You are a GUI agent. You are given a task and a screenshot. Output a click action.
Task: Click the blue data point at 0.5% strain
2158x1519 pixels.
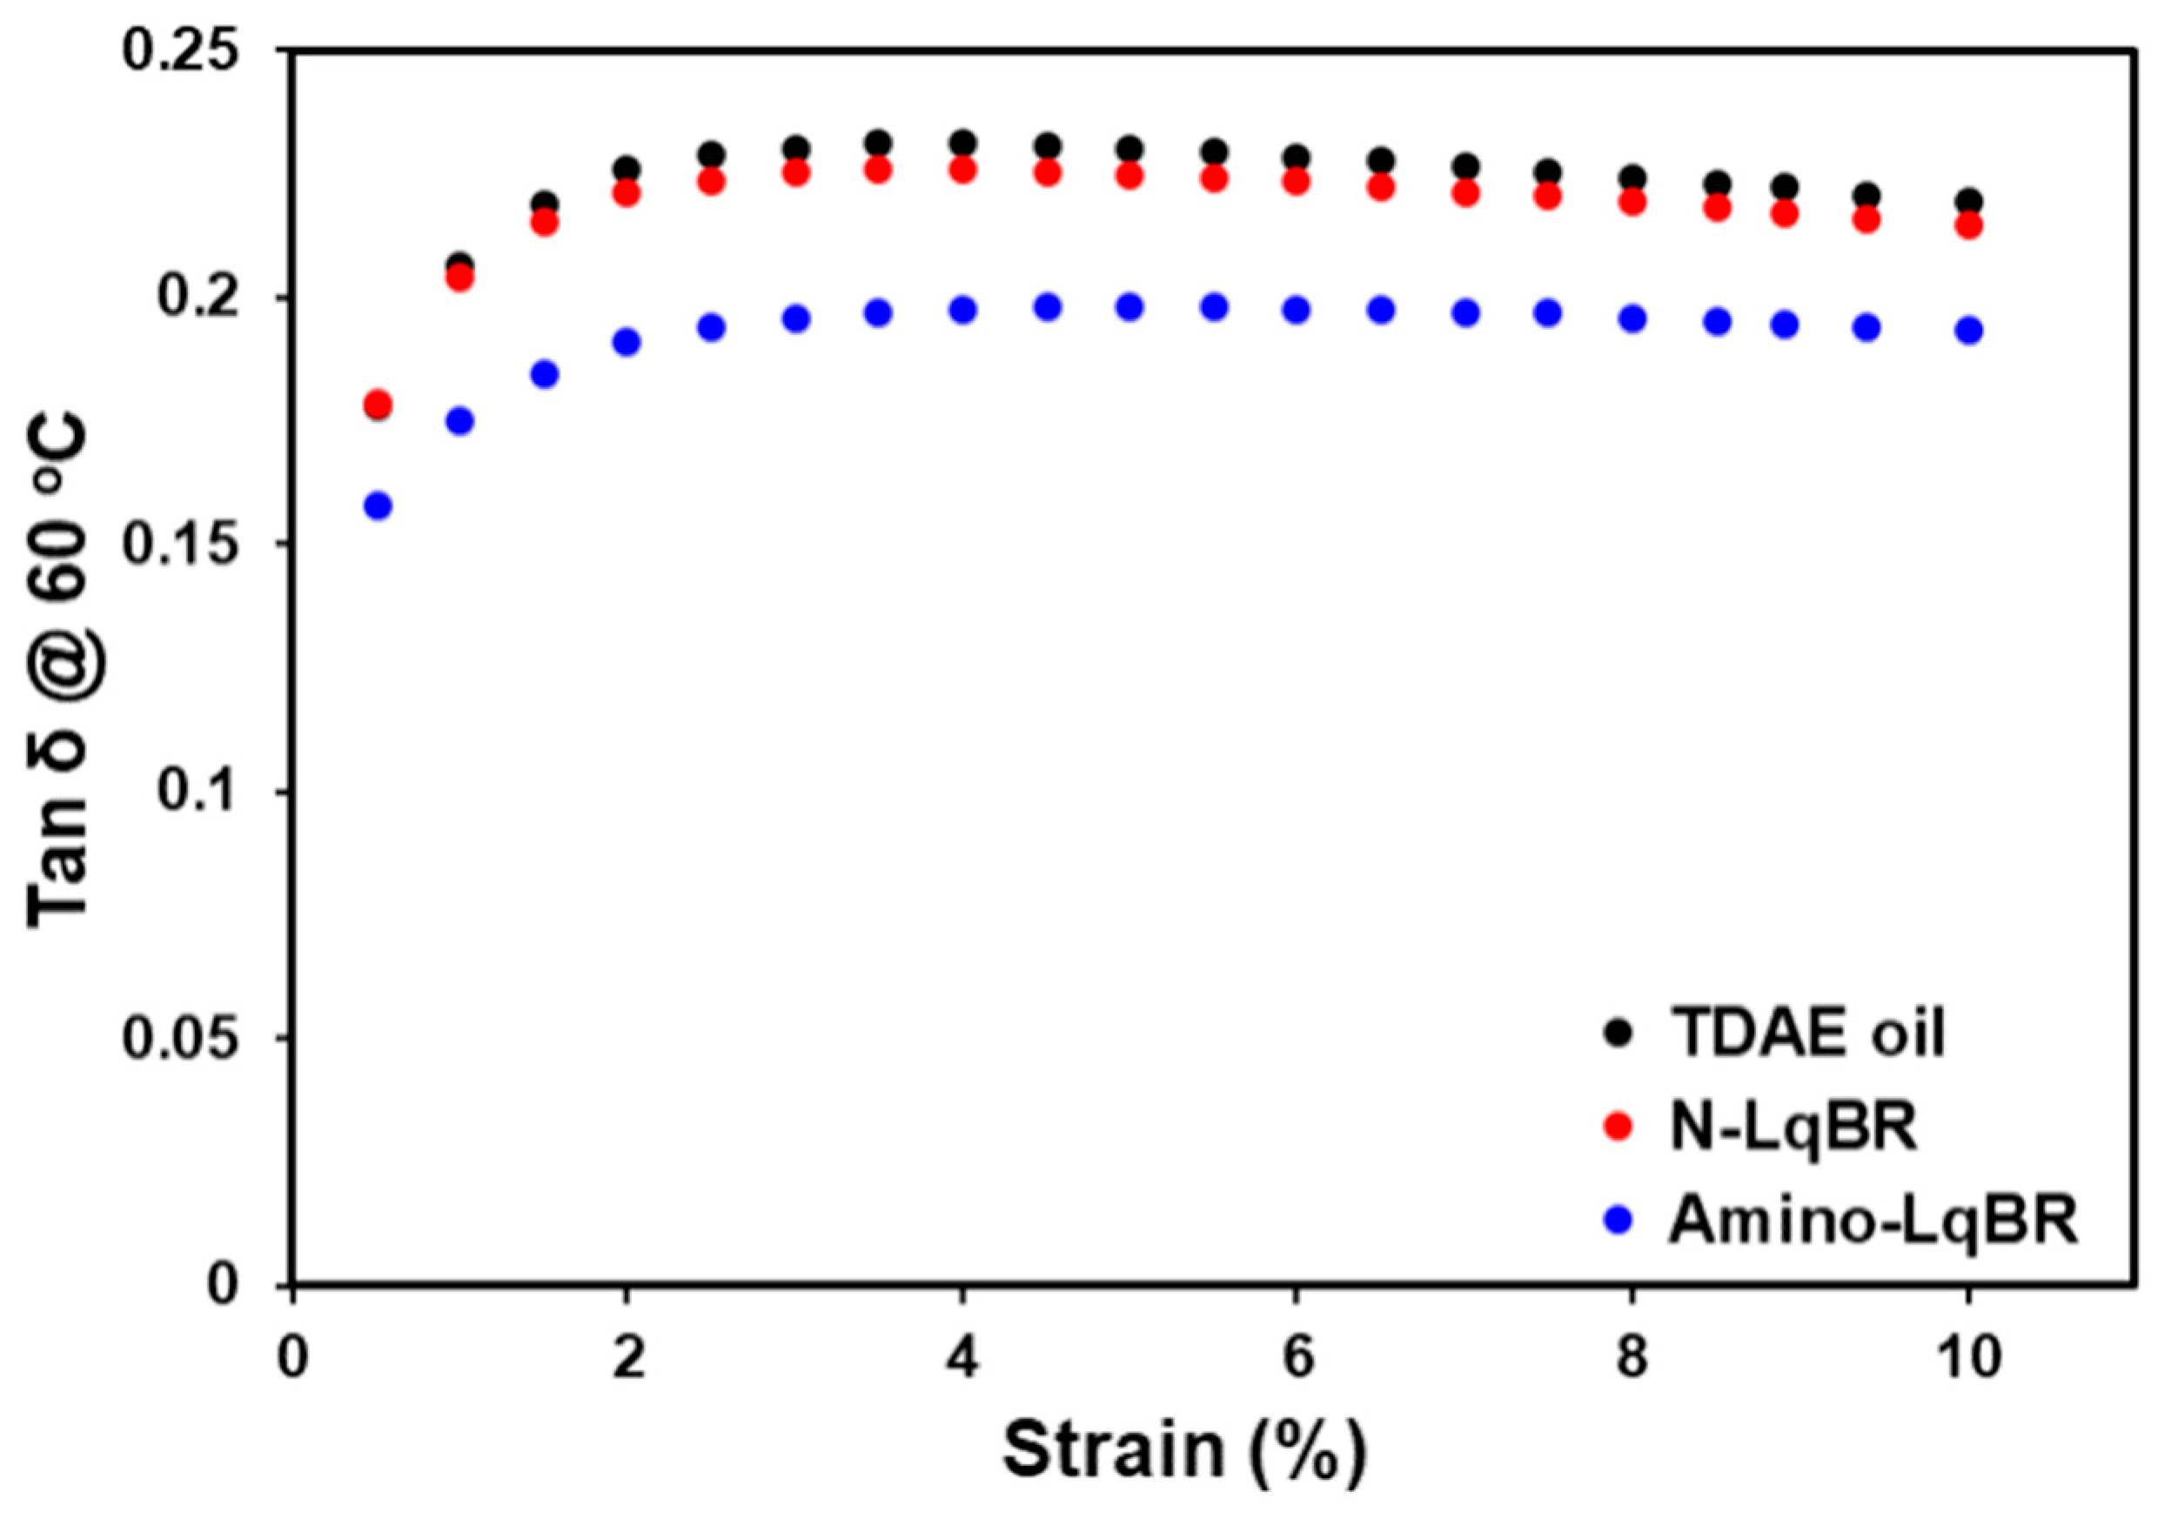(x=378, y=506)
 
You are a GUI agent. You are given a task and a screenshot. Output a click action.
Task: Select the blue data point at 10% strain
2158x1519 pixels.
(x=1968, y=331)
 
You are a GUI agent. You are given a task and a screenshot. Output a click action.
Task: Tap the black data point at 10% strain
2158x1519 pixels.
(x=1968, y=201)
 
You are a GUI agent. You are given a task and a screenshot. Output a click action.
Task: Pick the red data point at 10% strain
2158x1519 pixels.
(x=1968, y=225)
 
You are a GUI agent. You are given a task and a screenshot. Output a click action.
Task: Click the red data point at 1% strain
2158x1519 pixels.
(x=459, y=278)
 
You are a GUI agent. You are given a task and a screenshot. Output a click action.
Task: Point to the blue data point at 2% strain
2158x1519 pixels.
(x=627, y=342)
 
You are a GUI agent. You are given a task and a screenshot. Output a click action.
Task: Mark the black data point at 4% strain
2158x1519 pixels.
(x=962, y=144)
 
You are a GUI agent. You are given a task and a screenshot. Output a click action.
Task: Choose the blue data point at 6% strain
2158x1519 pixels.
(x=1297, y=311)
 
